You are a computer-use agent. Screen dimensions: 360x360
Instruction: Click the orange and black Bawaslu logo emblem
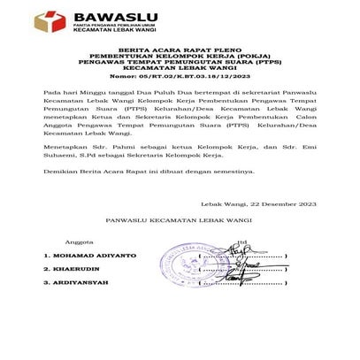[50, 22]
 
